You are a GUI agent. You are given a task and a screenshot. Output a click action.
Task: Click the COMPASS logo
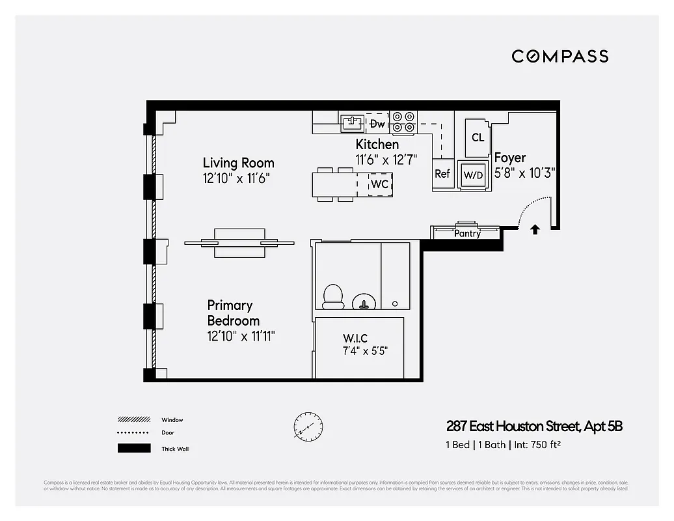[x=559, y=56]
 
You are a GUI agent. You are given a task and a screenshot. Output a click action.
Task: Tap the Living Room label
[x=238, y=163]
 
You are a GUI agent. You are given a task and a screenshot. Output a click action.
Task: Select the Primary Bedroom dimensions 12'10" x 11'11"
[x=241, y=336]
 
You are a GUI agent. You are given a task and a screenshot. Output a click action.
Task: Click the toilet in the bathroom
[x=334, y=296]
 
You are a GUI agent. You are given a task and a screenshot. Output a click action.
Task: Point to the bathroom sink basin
[x=364, y=302]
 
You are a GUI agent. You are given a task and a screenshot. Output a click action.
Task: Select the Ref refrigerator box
[x=442, y=174]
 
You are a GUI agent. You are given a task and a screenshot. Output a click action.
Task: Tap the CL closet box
[x=478, y=137]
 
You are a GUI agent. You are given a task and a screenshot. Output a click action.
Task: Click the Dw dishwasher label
[x=377, y=124]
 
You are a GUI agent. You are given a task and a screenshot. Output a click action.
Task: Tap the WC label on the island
[x=379, y=184]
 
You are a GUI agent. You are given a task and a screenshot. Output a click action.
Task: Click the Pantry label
[x=467, y=233]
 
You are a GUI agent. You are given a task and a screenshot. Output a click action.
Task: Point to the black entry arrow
[x=535, y=229]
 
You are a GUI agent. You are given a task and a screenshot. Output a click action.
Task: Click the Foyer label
[x=510, y=158]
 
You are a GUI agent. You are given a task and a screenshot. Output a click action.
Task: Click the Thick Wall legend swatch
[x=133, y=448]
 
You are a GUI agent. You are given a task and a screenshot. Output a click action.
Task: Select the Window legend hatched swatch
[x=133, y=420]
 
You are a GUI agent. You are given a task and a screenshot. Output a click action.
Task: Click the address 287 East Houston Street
[x=512, y=427]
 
